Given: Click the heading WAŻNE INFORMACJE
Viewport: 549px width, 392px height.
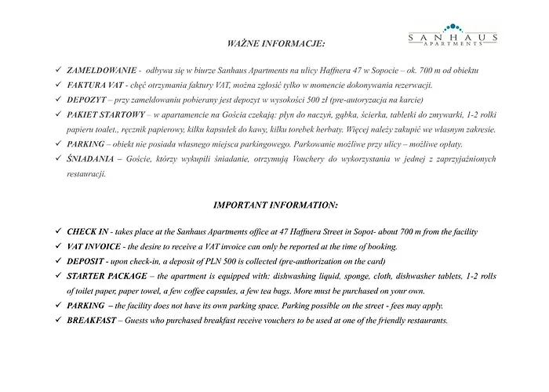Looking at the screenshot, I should [x=274, y=40].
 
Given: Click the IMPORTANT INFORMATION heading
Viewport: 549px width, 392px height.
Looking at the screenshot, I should [x=274, y=205].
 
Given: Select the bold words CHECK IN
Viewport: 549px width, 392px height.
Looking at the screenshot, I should [x=91, y=234].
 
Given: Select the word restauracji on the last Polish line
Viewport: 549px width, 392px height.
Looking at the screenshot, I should [x=86, y=174].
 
